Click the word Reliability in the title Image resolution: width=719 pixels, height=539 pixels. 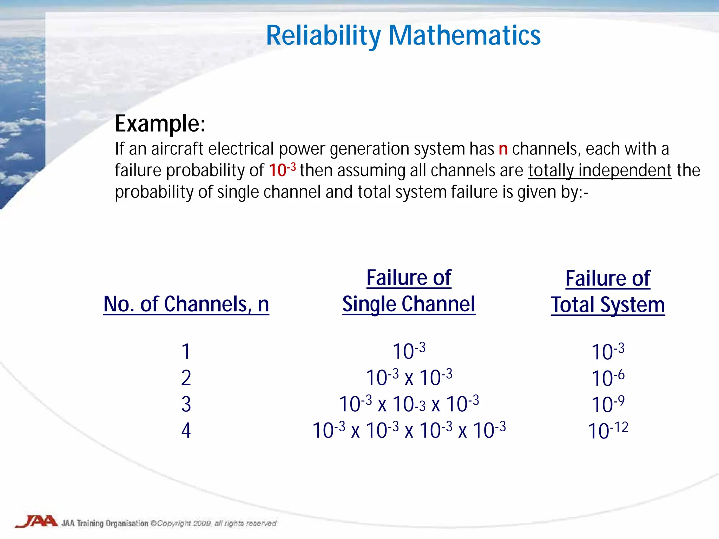point(323,36)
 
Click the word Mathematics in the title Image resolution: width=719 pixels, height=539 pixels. point(464,36)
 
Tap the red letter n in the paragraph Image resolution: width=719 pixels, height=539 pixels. point(503,149)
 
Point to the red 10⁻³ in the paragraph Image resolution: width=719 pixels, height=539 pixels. point(282,170)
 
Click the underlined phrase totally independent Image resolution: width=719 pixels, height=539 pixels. point(599,171)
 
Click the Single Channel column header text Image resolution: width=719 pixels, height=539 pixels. point(409,304)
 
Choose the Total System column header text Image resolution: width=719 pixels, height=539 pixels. point(608,305)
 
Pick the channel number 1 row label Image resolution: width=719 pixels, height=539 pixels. point(186,351)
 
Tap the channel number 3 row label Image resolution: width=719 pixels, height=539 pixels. point(186,404)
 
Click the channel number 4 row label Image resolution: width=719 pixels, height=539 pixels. point(186,431)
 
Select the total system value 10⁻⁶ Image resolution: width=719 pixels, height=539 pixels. point(608,378)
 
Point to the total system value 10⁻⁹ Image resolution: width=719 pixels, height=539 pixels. point(608,404)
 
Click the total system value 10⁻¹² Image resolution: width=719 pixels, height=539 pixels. point(608,431)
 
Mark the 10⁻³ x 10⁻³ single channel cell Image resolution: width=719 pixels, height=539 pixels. point(409,378)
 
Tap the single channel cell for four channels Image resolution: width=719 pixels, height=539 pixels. point(409,430)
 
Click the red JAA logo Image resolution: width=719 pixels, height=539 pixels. point(36,521)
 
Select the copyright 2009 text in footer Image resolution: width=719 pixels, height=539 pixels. point(213,524)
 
